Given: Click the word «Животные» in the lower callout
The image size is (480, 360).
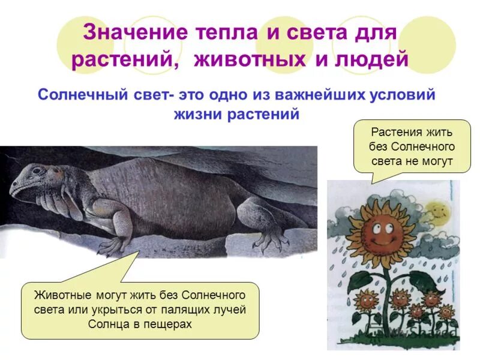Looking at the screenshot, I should pyautogui.click(x=60, y=296).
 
